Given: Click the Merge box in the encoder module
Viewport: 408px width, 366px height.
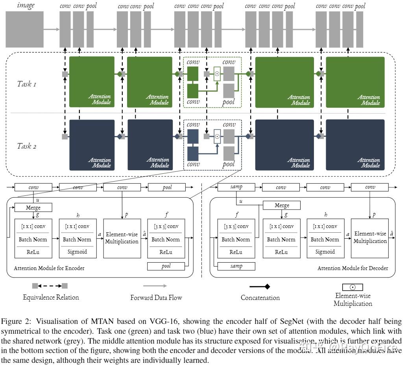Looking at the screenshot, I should tap(33, 207).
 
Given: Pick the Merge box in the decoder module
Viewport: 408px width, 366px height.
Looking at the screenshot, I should tap(282, 205).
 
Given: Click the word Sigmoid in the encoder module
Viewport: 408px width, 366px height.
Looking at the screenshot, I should tap(78, 252).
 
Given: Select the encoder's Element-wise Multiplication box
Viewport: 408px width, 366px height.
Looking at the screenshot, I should tap(122, 239).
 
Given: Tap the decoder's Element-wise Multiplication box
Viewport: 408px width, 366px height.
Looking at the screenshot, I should tap(370, 238).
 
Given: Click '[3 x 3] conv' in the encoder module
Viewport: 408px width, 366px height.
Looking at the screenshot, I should tap(166, 226).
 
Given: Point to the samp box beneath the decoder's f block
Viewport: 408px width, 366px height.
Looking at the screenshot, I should tap(236, 266).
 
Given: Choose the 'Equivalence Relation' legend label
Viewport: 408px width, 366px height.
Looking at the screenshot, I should tap(51, 297).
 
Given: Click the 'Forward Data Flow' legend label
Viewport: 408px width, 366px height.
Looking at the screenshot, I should tap(156, 298).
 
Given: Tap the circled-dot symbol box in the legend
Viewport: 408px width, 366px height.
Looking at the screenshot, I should tap(353, 287).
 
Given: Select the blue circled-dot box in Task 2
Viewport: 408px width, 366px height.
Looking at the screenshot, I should tap(217, 136).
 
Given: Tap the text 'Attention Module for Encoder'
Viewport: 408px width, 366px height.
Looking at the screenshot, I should tap(49, 269).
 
